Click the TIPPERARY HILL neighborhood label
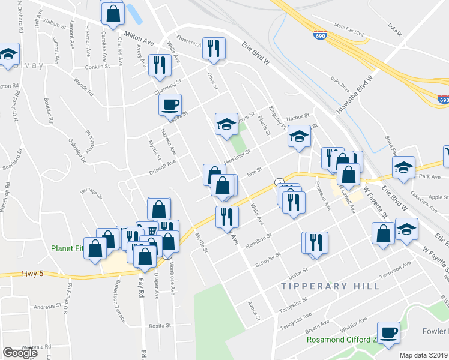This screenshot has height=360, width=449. pyautogui.click(x=330, y=286)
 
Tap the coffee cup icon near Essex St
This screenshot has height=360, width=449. pyautogui.click(x=170, y=104)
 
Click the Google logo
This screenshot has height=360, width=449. pyautogui.click(x=20, y=352)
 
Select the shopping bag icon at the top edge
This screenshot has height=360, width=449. pyautogui.click(x=112, y=12)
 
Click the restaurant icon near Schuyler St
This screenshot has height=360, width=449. pyautogui.click(x=316, y=242)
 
